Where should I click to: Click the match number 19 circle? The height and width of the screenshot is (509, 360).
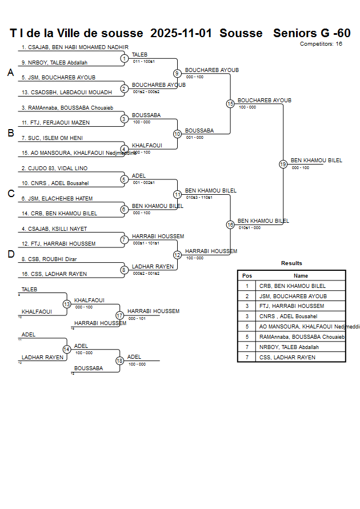[283, 164]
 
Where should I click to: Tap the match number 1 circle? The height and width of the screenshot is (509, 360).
[124, 58]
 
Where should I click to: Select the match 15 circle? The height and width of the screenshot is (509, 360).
[230, 104]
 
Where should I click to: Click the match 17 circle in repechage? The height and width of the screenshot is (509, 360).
[119, 315]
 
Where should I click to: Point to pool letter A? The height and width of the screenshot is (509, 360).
[10, 73]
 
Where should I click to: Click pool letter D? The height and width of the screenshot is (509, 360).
[10, 255]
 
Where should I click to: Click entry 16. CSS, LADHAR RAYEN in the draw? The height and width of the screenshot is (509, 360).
[54, 274]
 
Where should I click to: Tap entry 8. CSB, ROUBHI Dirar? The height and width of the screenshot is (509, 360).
[49, 259]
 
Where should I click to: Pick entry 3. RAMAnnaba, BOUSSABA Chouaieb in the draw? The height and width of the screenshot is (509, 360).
[67, 107]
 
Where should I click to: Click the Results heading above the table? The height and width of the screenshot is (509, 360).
[291, 263]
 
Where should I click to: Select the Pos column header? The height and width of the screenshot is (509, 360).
[247, 275]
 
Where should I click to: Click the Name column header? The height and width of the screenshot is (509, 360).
[301, 275]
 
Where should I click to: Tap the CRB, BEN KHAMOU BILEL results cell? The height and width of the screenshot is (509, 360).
[293, 286]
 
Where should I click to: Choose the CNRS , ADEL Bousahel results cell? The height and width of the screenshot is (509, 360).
[288, 316]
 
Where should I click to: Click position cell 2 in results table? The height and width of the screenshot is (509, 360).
[247, 296]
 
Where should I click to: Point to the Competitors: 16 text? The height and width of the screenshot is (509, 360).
[321, 44]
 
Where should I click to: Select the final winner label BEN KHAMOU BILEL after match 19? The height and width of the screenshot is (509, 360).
[316, 161]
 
